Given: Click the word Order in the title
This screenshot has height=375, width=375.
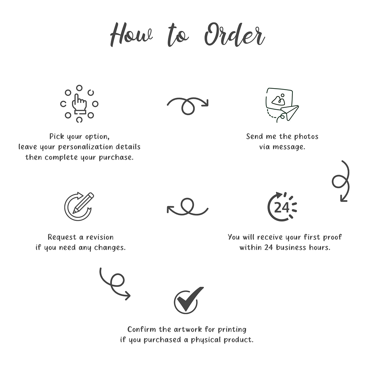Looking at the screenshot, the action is (235, 35).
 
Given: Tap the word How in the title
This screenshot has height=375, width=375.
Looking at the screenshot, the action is (131, 35).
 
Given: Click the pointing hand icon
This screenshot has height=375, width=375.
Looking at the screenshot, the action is (79, 104).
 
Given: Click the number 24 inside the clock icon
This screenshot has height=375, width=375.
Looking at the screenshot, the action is (282, 207).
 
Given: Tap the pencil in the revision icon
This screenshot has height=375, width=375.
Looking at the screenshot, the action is (83, 203).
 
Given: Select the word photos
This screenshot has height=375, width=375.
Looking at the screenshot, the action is (306, 137).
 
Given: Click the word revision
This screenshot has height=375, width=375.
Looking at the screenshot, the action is (100, 237).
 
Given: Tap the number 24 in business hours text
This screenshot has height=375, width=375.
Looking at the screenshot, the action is (268, 247).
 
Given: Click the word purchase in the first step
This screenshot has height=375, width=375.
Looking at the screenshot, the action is (116, 158).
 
